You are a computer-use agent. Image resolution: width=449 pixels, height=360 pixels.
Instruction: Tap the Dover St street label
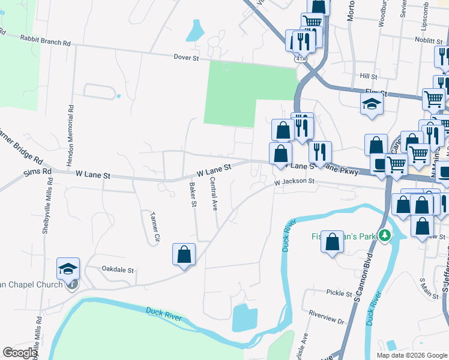[x=185, y=58]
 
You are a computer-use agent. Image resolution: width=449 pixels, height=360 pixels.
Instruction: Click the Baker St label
[x=193, y=194]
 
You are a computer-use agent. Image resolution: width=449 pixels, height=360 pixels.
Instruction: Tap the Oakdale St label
[x=117, y=270]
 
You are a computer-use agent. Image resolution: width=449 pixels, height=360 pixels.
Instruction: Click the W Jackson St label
[x=294, y=181]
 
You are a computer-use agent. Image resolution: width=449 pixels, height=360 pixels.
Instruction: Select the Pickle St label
[x=339, y=293]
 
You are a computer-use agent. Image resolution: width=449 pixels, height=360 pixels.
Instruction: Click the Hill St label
[x=368, y=77]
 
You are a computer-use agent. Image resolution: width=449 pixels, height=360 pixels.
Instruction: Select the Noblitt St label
[x=428, y=40]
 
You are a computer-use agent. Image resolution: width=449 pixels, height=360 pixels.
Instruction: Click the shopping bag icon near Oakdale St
[x=184, y=253]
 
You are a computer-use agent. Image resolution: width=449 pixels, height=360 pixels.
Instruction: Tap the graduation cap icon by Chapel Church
[x=68, y=268]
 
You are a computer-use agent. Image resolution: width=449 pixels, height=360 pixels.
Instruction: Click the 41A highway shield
[x=301, y=59]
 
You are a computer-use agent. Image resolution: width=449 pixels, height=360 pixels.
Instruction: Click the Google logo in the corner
[x=20, y=353]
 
